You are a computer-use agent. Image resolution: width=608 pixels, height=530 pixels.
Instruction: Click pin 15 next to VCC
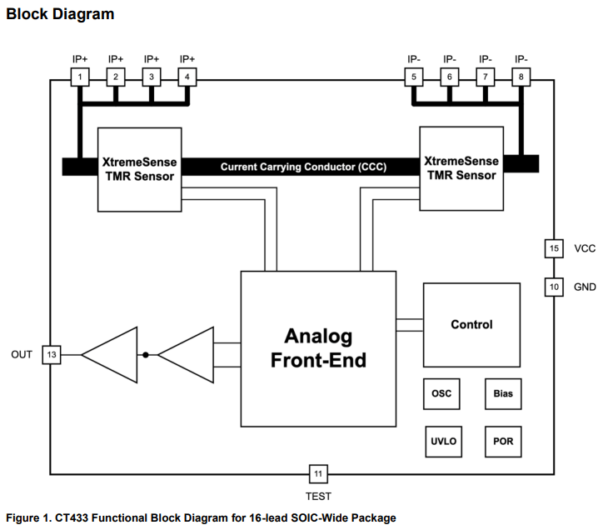(554, 248)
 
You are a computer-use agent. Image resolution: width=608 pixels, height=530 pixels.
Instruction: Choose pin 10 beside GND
(554, 287)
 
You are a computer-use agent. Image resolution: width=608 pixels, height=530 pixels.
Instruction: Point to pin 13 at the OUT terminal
(52, 355)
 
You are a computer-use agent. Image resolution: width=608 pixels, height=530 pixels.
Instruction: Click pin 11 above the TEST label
(318, 474)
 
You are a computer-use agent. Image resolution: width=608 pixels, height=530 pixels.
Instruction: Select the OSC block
(441, 394)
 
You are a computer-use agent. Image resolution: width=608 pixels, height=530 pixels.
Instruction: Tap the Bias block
(503, 394)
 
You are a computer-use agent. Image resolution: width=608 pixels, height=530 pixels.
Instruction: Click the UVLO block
(441, 441)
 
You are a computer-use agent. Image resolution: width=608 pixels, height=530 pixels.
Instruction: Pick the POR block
(503, 441)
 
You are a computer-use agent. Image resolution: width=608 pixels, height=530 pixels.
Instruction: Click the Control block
(471, 325)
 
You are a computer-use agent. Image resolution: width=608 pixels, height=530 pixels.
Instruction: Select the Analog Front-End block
(318, 348)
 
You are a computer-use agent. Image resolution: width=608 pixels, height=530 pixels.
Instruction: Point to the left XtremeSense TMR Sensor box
(139, 169)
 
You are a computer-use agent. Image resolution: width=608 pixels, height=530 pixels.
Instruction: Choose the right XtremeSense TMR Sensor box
(461, 168)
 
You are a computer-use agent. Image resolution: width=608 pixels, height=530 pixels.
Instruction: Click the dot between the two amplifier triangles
(146, 355)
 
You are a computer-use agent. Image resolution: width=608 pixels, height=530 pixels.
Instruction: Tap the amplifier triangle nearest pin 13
(112, 355)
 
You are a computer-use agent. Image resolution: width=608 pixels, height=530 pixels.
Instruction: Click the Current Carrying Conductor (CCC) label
(303, 167)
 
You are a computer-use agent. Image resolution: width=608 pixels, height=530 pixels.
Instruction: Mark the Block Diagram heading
(61, 14)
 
